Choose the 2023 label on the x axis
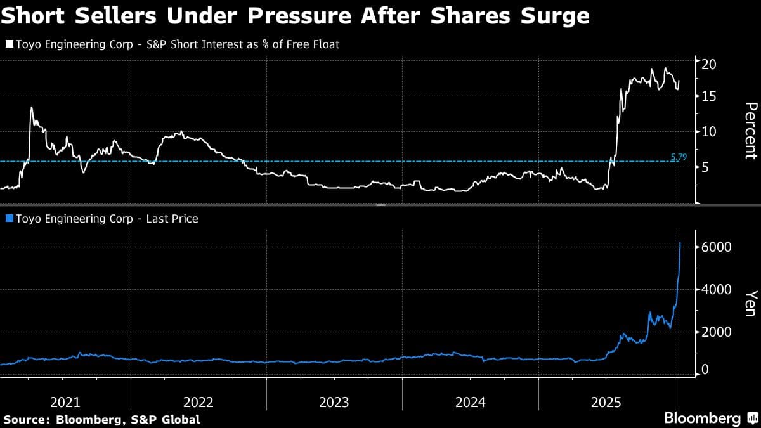334,402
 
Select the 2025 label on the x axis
605,402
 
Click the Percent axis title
750,130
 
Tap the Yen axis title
750,303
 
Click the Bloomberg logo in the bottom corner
703,418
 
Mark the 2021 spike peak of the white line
31,107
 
